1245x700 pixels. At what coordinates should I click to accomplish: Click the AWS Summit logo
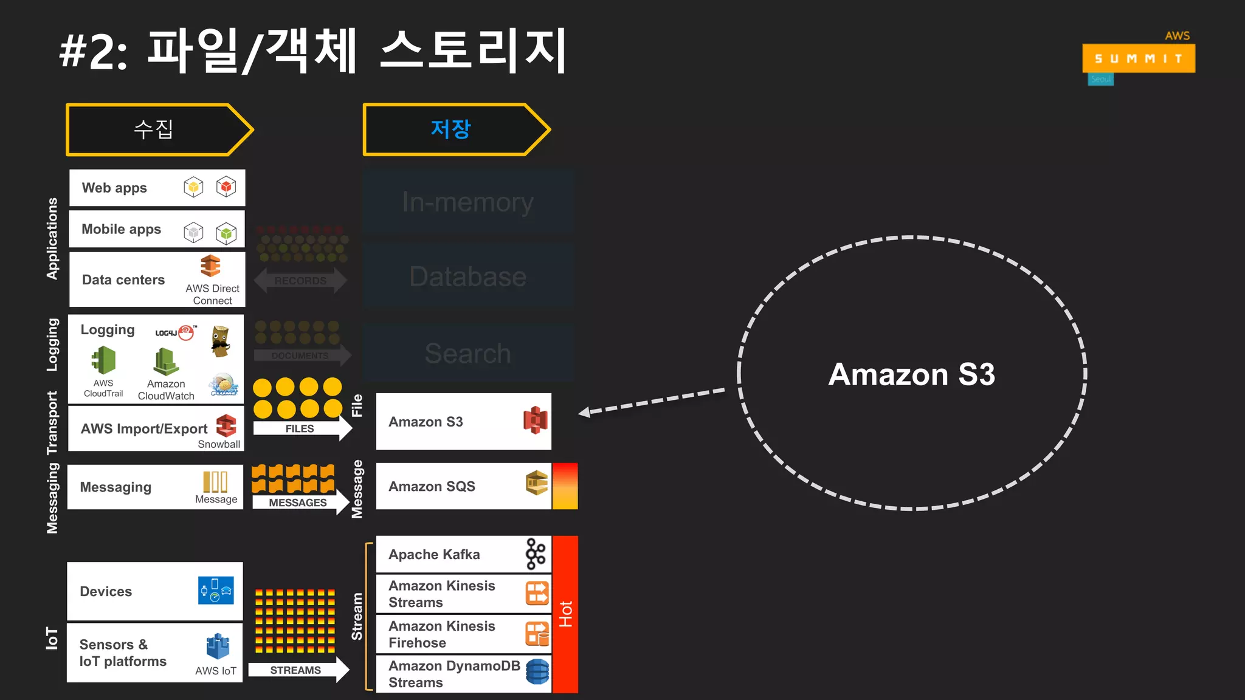pyautogui.click(x=1138, y=58)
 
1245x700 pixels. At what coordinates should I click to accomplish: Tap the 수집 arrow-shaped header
pyautogui.click(x=155, y=129)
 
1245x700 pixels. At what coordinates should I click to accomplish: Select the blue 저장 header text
pyautogui.click(x=450, y=129)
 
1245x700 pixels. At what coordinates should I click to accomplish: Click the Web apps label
pyautogui.click(x=114, y=188)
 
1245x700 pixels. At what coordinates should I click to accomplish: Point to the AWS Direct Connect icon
pyautogui.click(x=210, y=266)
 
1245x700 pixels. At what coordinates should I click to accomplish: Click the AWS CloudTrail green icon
pyautogui.click(x=104, y=360)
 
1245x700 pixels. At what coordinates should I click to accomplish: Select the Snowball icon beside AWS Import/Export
pyautogui.click(x=226, y=425)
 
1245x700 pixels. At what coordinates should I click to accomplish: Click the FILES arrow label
pyautogui.click(x=300, y=428)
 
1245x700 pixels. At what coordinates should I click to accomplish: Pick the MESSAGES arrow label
pyautogui.click(x=298, y=503)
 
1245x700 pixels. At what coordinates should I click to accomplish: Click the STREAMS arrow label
pyautogui.click(x=295, y=670)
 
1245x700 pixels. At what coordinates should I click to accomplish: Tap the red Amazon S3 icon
pyautogui.click(x=535, y=420)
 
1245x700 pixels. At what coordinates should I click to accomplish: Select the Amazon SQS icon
pyautogui.click(x=537, y=483)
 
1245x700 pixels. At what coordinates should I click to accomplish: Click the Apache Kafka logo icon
pyautogui.click(x=536, y=554)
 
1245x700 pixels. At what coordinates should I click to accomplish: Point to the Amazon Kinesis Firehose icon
pyautogui.click(x=537, y=634)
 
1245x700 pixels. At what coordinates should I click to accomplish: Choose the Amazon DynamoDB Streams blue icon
pyautogui.click(x=537, y=672)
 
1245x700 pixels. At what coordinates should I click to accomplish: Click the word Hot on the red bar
pyautogui.click(x=565, y=614)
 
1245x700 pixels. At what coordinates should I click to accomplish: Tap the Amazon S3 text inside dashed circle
pyautogui.click(x=911, y=374)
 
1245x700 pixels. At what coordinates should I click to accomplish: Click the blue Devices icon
pyautogui.click(x=216, y=590)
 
